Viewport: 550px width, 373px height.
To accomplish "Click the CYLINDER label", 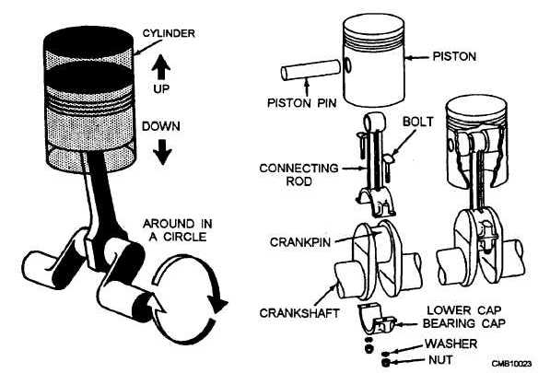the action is click(169, 34).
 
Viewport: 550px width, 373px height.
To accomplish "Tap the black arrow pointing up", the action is click(161, 66).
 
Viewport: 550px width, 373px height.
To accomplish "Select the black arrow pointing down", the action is click(162, 151).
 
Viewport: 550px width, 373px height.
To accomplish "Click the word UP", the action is click(161, 88).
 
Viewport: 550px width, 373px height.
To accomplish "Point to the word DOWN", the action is click(161, 126).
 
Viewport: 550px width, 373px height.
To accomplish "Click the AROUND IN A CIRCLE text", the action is click(178, 230).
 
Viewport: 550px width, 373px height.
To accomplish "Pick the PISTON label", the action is click(454, 56).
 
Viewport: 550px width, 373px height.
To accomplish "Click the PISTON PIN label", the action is click(302, 103).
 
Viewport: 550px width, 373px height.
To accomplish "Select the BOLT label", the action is click(417, 122).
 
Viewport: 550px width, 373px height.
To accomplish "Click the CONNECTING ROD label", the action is click(298, 175).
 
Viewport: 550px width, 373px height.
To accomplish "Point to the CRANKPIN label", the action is click(300, 242).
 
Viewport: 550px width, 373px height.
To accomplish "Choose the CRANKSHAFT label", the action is click(299, 313).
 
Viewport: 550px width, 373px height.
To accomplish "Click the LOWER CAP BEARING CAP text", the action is click(464, 317).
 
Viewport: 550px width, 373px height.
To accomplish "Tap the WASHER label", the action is click(451, 344).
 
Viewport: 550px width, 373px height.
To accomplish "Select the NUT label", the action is click(440, 360).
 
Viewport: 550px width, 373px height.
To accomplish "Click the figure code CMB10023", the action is click(511, 364).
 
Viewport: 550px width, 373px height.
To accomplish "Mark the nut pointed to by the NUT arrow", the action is click(386, 363).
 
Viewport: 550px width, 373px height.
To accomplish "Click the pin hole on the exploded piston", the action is click(348, 64).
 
